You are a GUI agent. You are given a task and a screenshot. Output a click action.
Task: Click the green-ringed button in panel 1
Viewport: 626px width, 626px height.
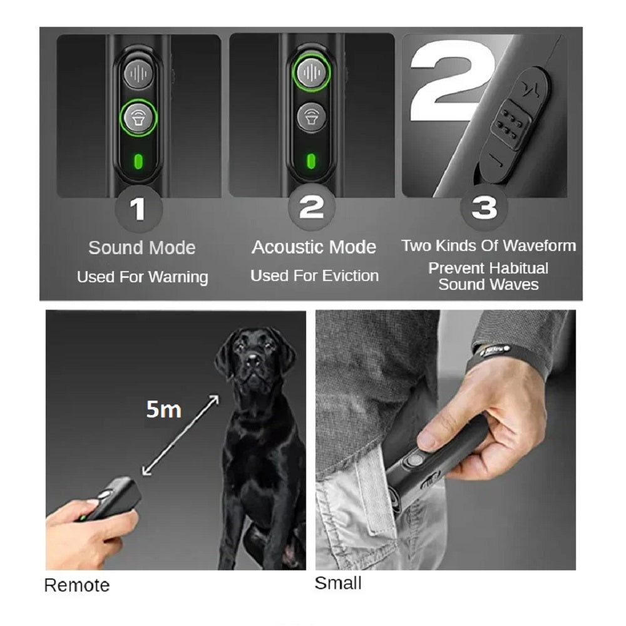(138, 118)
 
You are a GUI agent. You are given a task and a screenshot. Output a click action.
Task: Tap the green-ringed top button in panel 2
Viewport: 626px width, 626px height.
(311, 73)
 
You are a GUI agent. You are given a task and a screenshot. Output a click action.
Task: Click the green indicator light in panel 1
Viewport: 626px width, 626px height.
(138, 162)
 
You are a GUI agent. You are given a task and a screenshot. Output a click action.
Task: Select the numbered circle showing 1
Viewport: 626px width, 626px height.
(138, 209)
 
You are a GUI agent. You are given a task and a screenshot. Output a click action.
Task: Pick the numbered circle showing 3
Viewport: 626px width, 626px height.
(485, 207)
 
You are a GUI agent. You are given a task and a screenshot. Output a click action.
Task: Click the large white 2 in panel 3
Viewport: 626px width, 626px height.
(451, 81)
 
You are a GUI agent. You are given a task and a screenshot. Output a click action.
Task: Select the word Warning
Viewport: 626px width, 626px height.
(178, 277)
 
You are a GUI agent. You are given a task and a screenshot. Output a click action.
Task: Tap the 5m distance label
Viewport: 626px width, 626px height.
(163, 409)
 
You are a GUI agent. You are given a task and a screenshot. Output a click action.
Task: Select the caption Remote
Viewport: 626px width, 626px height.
(77, 586)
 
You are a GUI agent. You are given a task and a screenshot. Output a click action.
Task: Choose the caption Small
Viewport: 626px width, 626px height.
(338, 583)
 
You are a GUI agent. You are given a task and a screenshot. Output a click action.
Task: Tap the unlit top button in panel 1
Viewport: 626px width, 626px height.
(138, 73)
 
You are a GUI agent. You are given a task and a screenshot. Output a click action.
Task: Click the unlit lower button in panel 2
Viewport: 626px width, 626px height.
(311, 118)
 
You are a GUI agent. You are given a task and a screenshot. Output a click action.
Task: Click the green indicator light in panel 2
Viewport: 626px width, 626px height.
(311, 162)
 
